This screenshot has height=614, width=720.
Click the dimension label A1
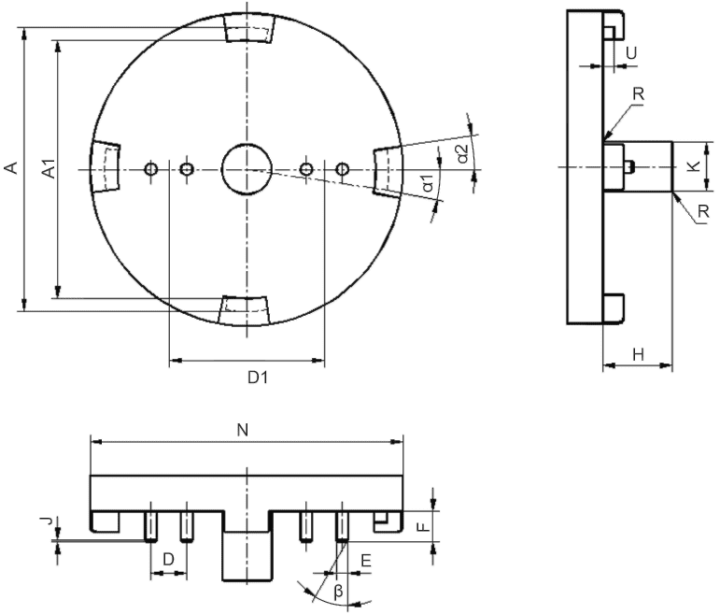49,168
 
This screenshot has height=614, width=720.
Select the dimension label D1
258,378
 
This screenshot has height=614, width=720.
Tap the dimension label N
243,430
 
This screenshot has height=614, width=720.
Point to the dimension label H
638,354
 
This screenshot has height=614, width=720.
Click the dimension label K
694,166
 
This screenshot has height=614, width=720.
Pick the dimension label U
632,53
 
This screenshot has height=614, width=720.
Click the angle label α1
428,183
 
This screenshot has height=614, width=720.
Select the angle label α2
462,153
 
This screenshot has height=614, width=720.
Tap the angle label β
338,592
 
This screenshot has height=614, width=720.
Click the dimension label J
46,521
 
